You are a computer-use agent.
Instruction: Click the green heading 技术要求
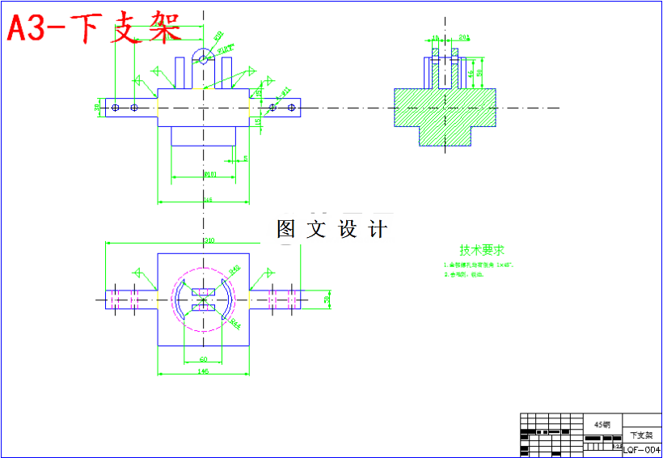point(482,250)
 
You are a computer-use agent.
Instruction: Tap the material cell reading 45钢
point(603,424)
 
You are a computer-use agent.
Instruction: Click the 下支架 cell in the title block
point(640,435)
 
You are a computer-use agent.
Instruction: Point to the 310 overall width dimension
point(209,240)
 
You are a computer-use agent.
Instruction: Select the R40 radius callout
point(234,269)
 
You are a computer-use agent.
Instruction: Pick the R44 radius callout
point(235,324)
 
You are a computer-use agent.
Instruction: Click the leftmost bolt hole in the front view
point(116,107)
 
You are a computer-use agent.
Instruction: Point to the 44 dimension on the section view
point(471,74)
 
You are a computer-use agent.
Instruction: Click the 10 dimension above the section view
point(436,38)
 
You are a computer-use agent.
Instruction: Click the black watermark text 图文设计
point(331,230)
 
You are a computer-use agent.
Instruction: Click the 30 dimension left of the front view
point(97,107)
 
